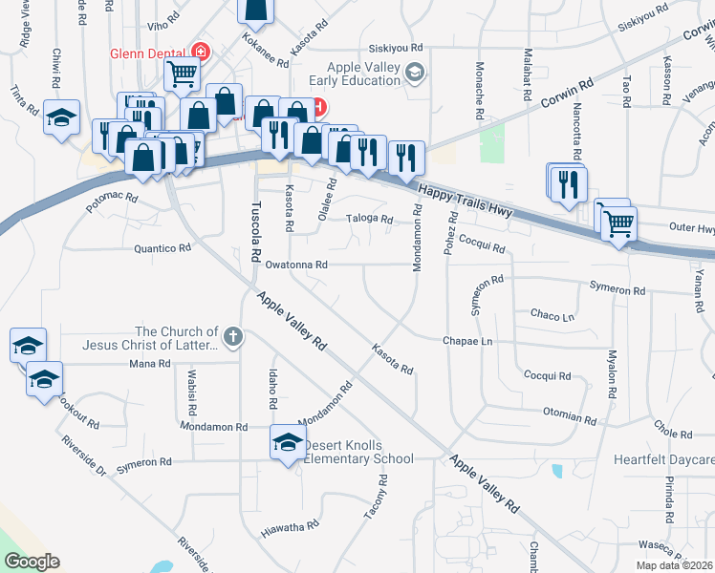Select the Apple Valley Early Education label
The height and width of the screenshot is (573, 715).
[x=362, y=74]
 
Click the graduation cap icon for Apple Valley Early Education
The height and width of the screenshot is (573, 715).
[x=415, y=73]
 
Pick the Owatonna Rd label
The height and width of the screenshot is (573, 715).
[x=296, y=265]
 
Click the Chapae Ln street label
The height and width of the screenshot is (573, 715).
[x=466, y=341]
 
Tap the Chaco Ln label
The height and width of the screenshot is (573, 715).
[x=552, y=315]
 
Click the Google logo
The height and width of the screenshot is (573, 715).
[x=32, y=562]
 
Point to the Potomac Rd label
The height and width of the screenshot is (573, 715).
[x=112, y=202]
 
